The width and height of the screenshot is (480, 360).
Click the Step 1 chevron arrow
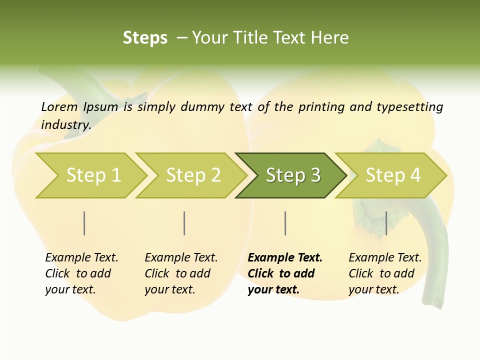(x=92, y=175)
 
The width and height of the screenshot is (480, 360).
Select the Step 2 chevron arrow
(x=192, y=175)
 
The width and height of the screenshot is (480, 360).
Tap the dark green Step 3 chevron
(x=292, y=175)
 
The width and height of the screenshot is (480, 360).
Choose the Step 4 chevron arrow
(x=392, y=175)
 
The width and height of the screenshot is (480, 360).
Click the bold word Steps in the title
(x=145, y=38)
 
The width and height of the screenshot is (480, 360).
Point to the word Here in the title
(x=329, y=38)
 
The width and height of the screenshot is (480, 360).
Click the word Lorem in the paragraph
(x=59, y=106)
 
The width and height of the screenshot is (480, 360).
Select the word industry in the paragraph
(x=65, y=124)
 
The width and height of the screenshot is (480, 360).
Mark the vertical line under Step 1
(x=84, y=223)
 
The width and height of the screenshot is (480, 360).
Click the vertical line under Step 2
(x=184, y=223)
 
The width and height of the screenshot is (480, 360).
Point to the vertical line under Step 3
(x=285, y=223)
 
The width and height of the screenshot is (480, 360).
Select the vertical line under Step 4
(x=386, y=223)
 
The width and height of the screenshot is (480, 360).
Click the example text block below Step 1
(x=81, y=273)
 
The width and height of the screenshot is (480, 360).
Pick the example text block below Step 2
(x=181, y=273)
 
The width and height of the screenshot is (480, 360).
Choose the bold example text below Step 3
(x=285, y=273)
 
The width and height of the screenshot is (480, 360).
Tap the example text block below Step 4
(x=385, y=273)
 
